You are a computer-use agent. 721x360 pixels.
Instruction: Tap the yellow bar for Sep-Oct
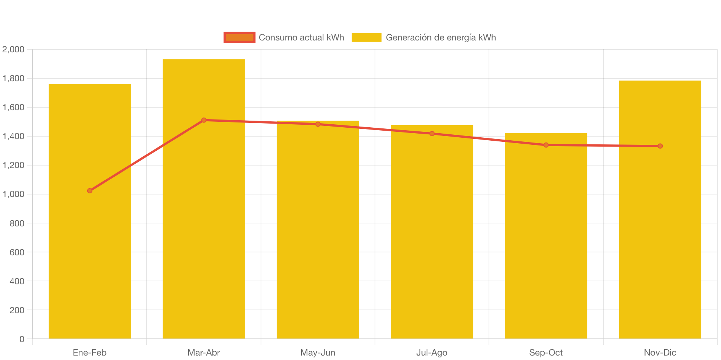pyautogui.click(x=546, y=241)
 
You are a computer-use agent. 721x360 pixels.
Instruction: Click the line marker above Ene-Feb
pyautogui.click(x=90, y=191)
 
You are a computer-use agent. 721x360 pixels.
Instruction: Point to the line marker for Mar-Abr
pyautogui.click(x=204, y=120)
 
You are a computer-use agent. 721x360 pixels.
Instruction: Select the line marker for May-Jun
pyautogui.click(x=318, y=124)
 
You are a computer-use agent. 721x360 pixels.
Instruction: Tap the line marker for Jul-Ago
pyautogui.click(x=432, y=134)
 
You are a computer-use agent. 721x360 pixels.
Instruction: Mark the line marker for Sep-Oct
pyautogui.click(x=546, y=145)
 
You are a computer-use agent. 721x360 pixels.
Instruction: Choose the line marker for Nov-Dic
pyautogui.click(x=660, y=146)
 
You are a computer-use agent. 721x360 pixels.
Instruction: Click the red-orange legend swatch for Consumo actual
pyautogui.click(x=239, y=37)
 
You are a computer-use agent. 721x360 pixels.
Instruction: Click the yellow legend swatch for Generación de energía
pyautogui.click(x=366, y=37)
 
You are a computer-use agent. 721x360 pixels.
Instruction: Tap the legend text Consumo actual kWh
pyautogui.click(x=301, y=37)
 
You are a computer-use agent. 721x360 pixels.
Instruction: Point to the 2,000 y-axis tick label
pyautogui.click(x=13, y=49)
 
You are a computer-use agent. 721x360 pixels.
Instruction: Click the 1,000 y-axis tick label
pyautogui.click(x=13, y=194)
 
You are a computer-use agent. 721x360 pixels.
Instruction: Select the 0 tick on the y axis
pyautogui.click(x=22, y=339)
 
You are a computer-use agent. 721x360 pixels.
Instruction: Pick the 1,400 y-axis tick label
pyautogui.click(x=13, y=136)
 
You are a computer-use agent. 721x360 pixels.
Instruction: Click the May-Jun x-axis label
pyautogui.click(x=318, y=353)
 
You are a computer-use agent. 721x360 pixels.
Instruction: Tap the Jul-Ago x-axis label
pyautogui.click(x=432, y=353)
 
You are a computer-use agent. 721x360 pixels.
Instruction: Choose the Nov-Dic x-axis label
pyautogui.click(x=660, y=353)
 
